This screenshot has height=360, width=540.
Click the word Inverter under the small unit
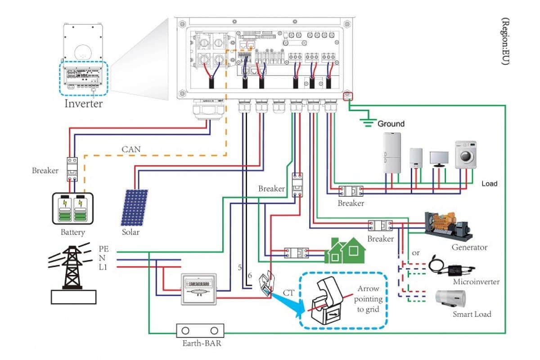coord(84,103)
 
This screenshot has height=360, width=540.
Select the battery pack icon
coord(73,209)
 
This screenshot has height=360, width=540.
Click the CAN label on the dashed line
coord(130,149)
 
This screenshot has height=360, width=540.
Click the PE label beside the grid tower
coord(103,249)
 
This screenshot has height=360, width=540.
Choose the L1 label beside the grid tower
coord(103,268)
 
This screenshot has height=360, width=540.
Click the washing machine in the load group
coord(465,155)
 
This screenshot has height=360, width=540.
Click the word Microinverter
coord(476,282)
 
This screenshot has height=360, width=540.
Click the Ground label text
coord(391,124)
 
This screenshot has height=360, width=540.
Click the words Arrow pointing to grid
coord(368,299)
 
